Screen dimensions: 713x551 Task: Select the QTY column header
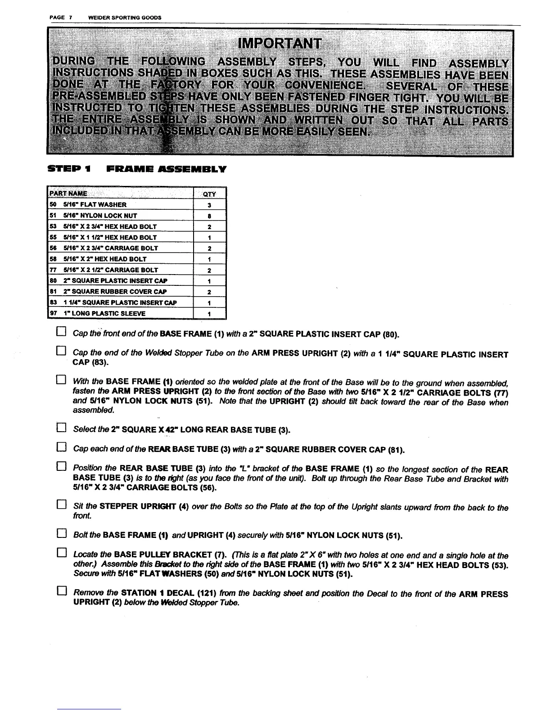209,194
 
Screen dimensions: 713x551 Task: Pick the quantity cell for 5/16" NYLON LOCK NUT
209,216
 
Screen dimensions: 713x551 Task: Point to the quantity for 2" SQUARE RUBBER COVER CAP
209,291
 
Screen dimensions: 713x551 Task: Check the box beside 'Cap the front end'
61,333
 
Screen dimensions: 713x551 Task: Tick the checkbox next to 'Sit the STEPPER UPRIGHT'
61,505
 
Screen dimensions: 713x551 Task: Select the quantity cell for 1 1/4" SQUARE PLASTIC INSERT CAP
209,302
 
